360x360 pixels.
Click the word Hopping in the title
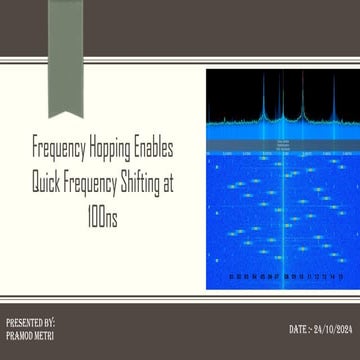tap(111, 148)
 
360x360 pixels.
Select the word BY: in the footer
tap(50, 324)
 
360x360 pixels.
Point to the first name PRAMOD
tap(19, 336)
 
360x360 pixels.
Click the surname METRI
tap(45, 336)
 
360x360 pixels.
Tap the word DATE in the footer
tap(299, 329)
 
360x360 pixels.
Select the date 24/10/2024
tap(334, 329)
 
